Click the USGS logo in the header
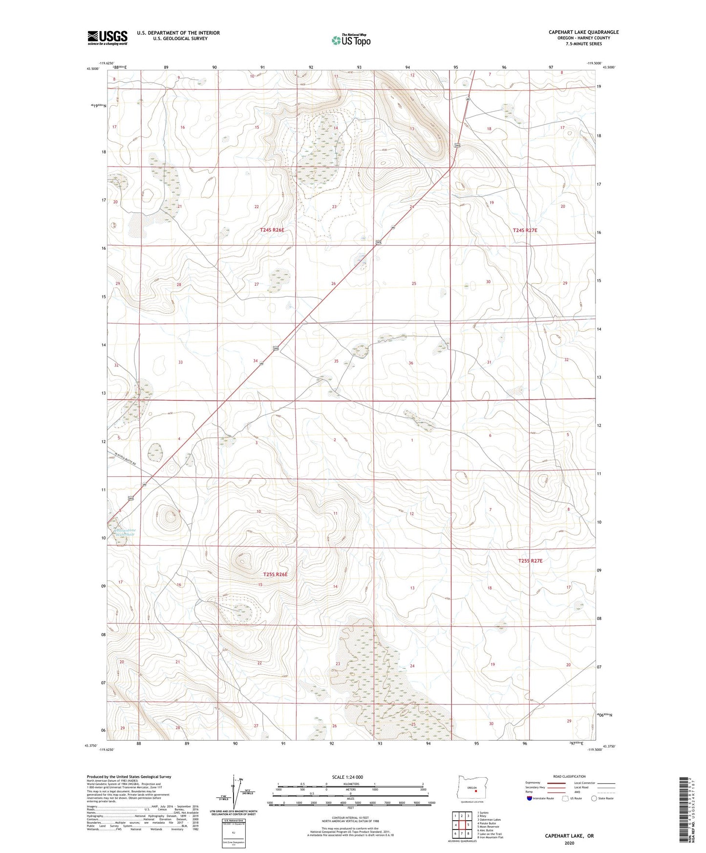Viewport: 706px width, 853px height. [107, 38]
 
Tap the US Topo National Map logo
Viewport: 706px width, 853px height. [351, 40]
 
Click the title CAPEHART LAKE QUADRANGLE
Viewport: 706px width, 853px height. [583, 32]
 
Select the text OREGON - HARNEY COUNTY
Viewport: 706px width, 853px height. [583, 38]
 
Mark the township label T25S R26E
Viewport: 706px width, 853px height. [275, 575]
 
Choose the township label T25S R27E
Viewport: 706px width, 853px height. [530, 561]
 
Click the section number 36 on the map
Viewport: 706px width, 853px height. [411, 363]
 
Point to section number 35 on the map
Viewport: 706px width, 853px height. [336, 361]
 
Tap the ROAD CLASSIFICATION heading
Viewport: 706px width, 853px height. [569, 776]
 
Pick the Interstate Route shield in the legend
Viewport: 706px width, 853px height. [530, 799]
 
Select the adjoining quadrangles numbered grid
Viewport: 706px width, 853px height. [461, 823]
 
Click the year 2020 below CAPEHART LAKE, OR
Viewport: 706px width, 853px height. [569, 843]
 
